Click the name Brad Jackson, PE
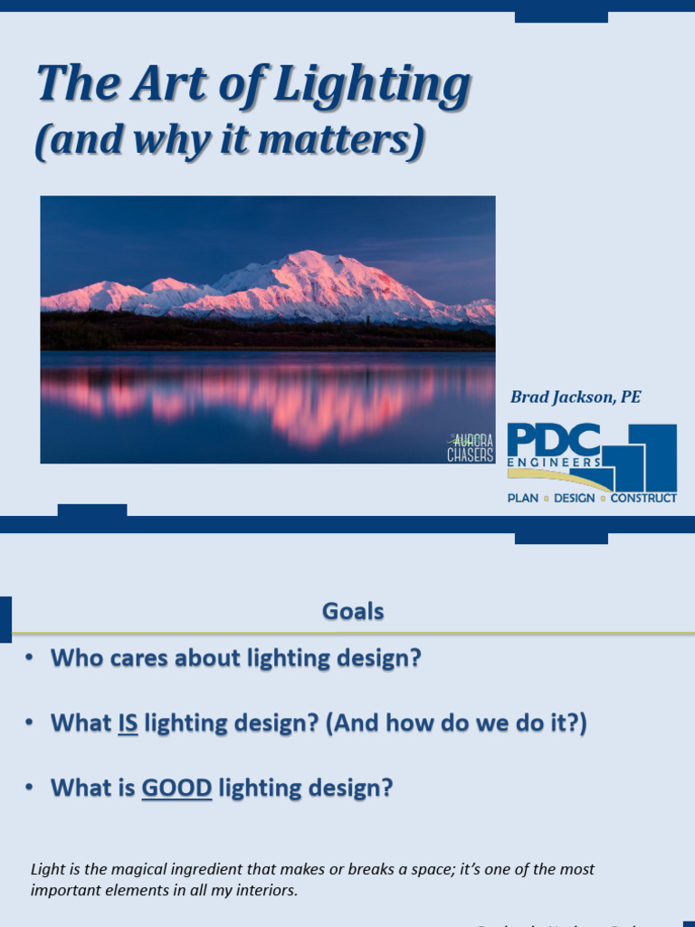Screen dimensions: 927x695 coord(576,397)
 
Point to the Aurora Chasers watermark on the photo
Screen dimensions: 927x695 coord(471,447)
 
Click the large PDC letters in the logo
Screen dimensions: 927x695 coord(553,440)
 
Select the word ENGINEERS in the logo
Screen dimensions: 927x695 coord(554,463)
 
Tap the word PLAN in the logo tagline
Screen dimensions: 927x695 coord(523,498)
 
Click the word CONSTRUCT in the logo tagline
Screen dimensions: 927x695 coord(643,498)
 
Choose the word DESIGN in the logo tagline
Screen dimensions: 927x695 coord(575,498)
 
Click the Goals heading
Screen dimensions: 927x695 coord(353,612)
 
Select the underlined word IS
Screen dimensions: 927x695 coord(128,723)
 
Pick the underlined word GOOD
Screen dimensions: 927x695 coord(176,788)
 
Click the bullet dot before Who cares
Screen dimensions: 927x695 coord(30,659)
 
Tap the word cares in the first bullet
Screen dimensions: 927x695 coord(140,658)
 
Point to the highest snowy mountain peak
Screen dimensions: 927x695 coord(308,255)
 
